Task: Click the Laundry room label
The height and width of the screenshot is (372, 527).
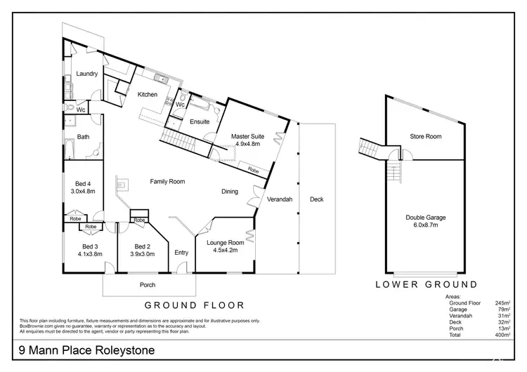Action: pyautogui.click(x=86, y=74)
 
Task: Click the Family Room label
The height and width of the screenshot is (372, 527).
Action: pyautogui.click(x=167, y=181)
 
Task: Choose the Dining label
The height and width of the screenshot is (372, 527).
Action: pyautogui.click(x=230, y=191)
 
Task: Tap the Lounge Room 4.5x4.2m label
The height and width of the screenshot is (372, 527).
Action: pyautogui.click(x=225, y=246)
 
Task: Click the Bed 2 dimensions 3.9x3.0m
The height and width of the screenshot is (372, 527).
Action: pyautogui.click(x=143, y=254)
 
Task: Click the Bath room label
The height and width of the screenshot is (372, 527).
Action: pyautogui.click(x=83, y=137)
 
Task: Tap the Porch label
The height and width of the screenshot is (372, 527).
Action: pyautogui.click(x=148, y=285)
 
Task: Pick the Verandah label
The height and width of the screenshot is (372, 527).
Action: pyautogui.click(x=279, y=199)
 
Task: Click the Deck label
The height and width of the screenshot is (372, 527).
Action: pyautogui.click(x=317, y=199)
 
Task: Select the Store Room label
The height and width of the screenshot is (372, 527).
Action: pyautogui.click(x=425, y=136)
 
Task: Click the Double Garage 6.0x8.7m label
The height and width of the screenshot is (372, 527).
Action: pyautogui.click(x=426, y=221)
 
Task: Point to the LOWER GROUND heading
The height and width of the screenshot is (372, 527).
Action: pyautogui.click(x=427, y=284)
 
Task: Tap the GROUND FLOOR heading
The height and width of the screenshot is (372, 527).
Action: pyautogui.click(x=194, y=305)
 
